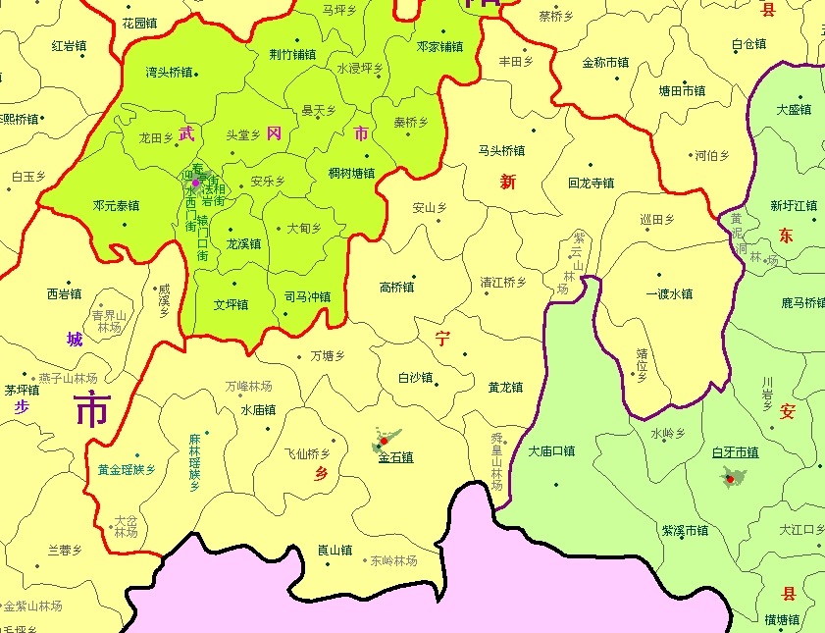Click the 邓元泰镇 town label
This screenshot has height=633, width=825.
[x=116, y=206]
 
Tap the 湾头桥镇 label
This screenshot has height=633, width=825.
[x=169, y=73]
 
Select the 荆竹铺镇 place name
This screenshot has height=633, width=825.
[x=292, y=55]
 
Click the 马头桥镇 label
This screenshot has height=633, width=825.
[x=501, y=151]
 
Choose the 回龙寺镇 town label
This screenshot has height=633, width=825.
[x=591, y=184]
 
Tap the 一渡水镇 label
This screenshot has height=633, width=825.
[x=669, y=293]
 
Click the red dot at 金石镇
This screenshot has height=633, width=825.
[x=384, y=442]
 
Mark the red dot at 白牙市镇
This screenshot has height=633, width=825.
[x=729, y=479]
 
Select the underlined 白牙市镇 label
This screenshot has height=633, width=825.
[x=735, y=452]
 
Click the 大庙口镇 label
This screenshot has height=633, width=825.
[x=551, y=452]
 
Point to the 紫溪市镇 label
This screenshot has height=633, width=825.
[x=685, y=531]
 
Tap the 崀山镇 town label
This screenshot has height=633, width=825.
[x=335, y=551]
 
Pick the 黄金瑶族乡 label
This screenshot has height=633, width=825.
[x=127, y=470]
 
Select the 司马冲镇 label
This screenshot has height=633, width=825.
[x=307, y=296]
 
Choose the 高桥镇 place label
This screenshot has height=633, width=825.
[x=396, y=288]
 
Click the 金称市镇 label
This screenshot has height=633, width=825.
[x=605, y=63]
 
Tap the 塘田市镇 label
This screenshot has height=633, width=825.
[x=682, y=90]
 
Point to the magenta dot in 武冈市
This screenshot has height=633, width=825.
[x=195, y=183]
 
